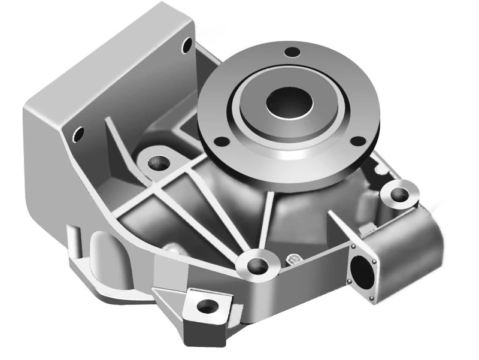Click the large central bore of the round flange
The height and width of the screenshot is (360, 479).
pos(289,101)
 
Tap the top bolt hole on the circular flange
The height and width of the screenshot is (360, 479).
pos(292,52)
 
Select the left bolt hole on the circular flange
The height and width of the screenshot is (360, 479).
pos(222,142)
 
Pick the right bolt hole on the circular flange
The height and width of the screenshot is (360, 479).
pos(357,141)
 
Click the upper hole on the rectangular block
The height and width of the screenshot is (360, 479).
pos(187,44)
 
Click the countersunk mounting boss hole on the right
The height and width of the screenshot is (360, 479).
pos(398,194)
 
